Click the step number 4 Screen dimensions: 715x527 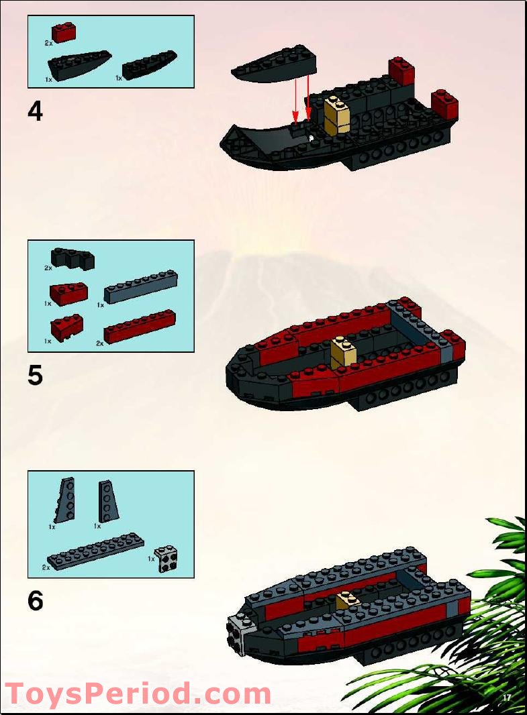click(35, 111)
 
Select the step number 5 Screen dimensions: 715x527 click(35, 375)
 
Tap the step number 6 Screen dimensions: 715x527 click(35, 600)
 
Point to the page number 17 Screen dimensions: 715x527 click(507, 698)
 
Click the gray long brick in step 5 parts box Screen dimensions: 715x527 click(140, 287)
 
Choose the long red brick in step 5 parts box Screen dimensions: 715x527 click(140, 327)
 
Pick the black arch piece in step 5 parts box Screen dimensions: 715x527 click(73, 259)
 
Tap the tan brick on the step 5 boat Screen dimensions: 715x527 click(344, 352)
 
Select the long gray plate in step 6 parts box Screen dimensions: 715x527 click(95, 552)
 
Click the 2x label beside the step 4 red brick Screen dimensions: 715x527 click(48, 42)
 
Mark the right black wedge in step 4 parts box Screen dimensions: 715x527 click(149, 64)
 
